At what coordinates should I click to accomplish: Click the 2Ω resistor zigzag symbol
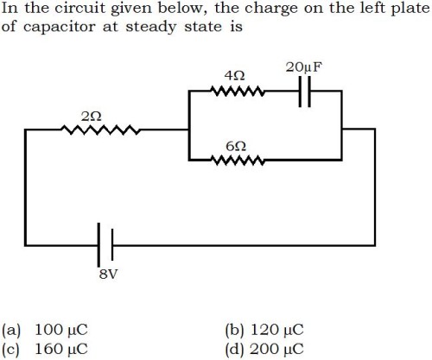[101, 129]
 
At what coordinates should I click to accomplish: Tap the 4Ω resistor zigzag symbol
[238, 91]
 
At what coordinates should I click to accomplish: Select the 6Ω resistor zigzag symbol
[238, 160]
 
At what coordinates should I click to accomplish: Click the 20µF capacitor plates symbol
[305, 92]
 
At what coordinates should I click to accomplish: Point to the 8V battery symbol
[105, 245]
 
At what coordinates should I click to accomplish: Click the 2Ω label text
[92, 117]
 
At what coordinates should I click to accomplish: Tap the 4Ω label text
[235, 76]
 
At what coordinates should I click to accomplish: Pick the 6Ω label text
[236, 147]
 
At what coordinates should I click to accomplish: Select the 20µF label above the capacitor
[304, 67]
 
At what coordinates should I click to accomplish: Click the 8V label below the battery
[109, 275]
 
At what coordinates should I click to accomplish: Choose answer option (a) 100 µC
[45, 330]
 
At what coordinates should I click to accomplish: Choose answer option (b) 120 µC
[264, 330]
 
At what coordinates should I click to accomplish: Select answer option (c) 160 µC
[45, 349]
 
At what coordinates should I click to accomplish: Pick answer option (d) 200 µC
[264, 349]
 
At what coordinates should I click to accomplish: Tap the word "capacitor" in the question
[59, 28]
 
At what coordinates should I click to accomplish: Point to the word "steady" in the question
[151, 28]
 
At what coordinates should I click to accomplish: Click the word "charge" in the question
[271, 9]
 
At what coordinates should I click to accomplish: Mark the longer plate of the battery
[98, 245]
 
